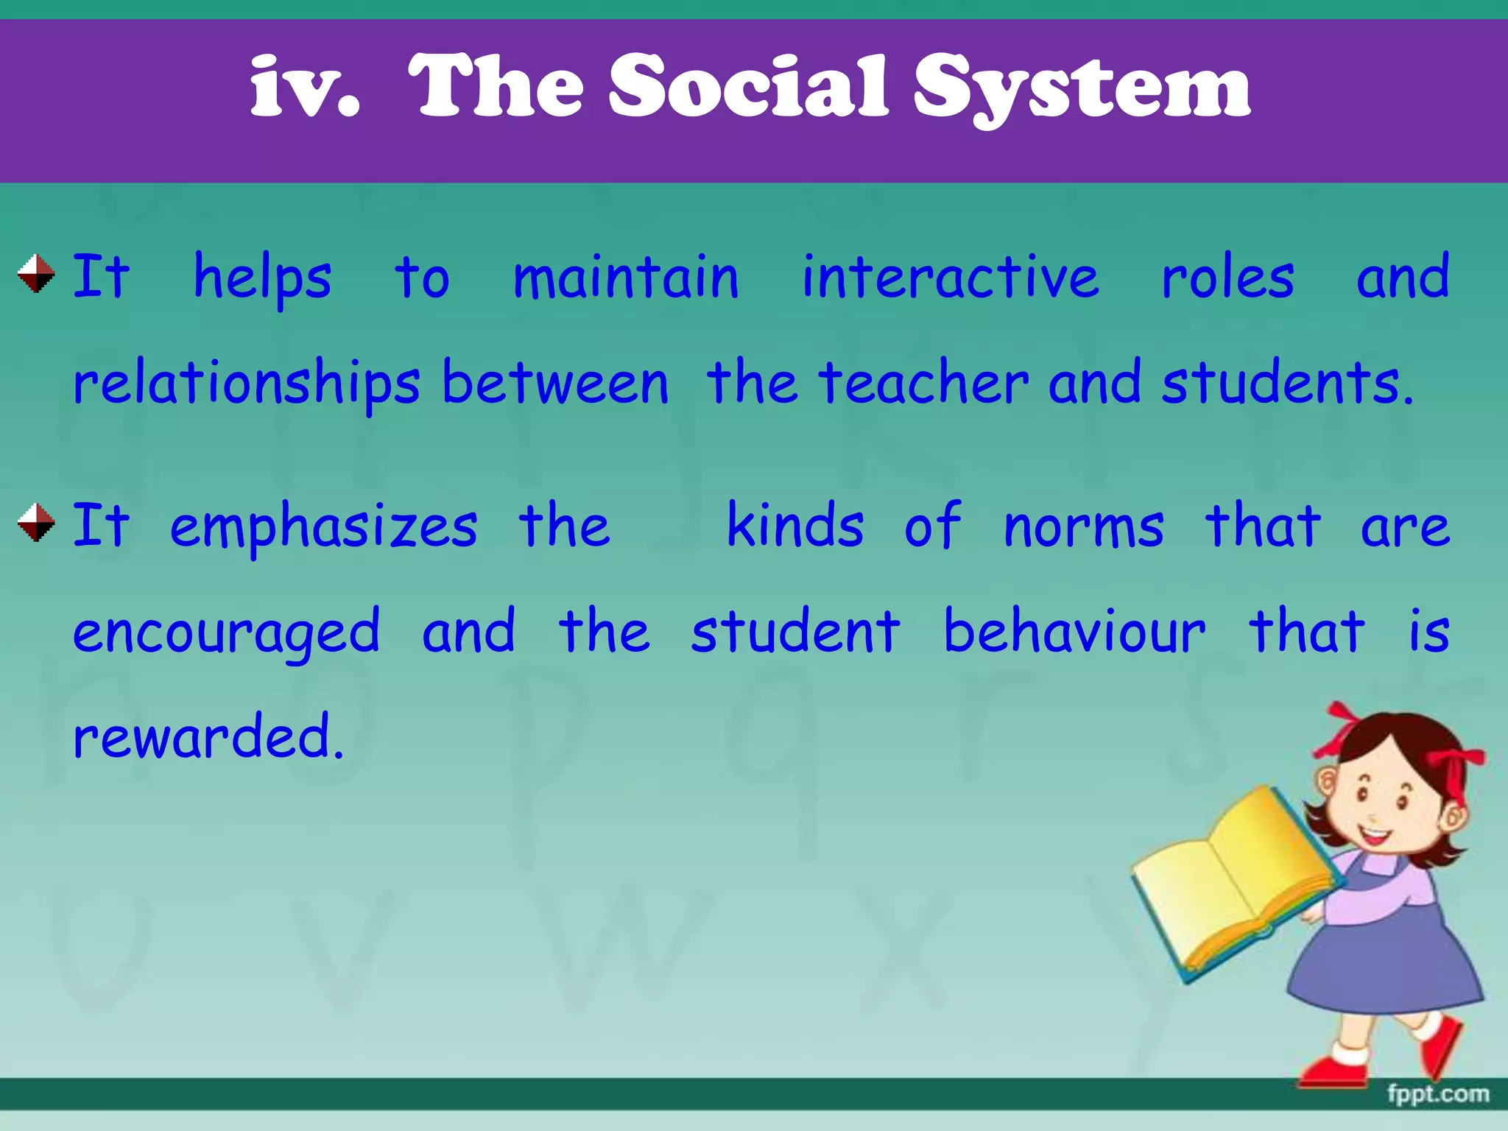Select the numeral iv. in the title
click(305, 88)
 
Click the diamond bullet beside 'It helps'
click(36, 274)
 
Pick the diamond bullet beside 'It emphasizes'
click(36, 523)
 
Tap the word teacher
click(924, 383)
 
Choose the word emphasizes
click(323, 527)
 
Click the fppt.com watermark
click(1438, 1093)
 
